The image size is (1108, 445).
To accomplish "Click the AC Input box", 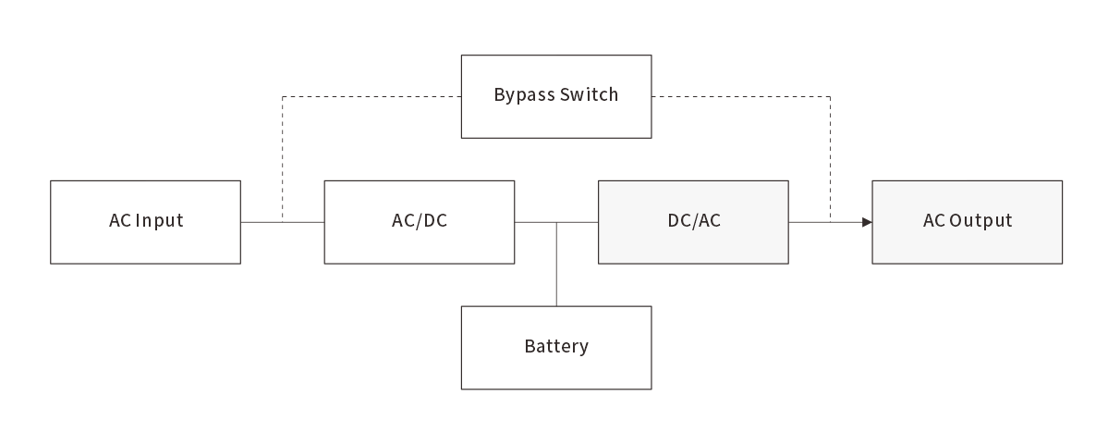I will pos(145,222).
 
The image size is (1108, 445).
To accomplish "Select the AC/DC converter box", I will pos(419,222).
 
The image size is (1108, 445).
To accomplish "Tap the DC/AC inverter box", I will pos(693,222).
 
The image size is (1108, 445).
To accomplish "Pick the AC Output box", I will pos(967,222).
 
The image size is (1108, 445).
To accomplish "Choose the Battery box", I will pos(555,348).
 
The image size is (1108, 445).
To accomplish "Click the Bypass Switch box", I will pos(555,96).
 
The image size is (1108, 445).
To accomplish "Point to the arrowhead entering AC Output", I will pos(867,222).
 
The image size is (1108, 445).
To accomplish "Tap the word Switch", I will pos(589,94).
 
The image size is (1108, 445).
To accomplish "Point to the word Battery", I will pos(556,348).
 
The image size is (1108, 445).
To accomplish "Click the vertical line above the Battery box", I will pos(556,268).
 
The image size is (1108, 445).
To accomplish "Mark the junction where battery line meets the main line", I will pos(556,222).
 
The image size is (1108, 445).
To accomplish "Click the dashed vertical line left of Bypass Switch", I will pos(283,157).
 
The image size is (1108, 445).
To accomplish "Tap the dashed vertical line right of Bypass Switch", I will pos(831,157).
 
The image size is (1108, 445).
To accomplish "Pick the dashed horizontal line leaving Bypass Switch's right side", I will pos(739,96).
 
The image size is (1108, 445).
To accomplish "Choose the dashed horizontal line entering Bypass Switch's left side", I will pos(370,96).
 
